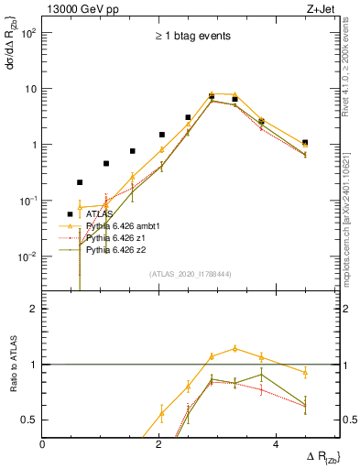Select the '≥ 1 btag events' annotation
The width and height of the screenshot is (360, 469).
coord(191,37)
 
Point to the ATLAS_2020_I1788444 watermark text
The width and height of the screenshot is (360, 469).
coord(191,274)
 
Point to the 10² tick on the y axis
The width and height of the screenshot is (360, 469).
coord(29,33)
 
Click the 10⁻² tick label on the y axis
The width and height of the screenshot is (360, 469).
coord(27,256)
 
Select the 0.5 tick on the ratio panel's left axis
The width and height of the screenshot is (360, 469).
coord(29,420)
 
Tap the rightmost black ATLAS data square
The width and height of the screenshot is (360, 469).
coord(305,143)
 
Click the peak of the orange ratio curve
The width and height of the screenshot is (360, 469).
coord(235,348)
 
